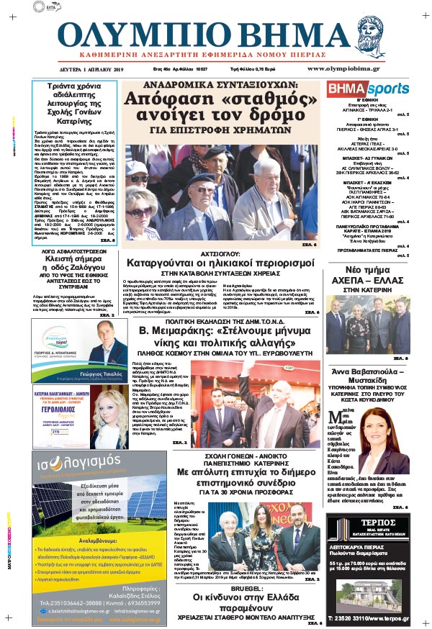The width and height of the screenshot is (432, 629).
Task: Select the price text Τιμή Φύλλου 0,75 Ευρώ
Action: click(x=254, y=69)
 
